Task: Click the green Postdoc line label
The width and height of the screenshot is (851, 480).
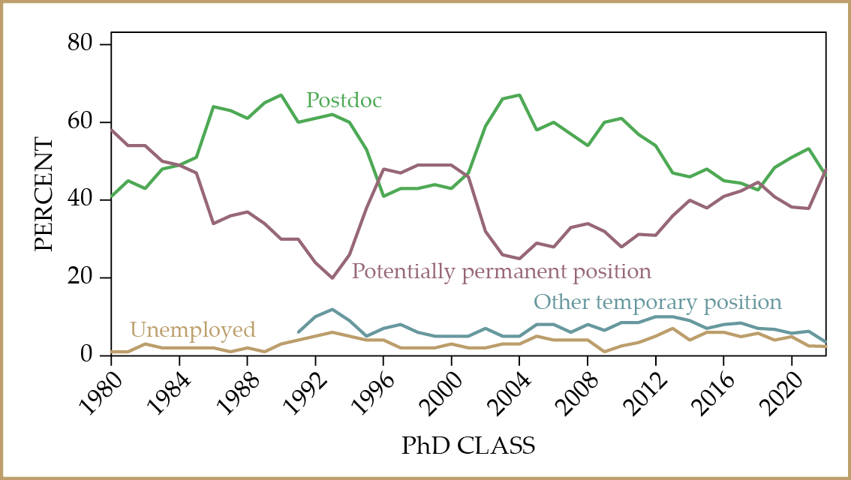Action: coord(344,100)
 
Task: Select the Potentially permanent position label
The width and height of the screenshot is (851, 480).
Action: coord(501,271)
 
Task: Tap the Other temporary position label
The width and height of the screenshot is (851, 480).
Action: coord(657,302)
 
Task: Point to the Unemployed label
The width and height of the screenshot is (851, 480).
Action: coord(193,329)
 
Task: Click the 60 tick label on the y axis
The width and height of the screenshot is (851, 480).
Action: coord(85,122)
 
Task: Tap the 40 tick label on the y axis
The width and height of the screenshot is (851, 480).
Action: coord(85,200)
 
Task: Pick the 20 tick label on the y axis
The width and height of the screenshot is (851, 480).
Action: coord(85,278)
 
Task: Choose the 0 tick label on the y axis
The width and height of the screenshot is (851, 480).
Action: coord(91,355)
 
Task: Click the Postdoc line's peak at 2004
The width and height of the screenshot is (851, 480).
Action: coord(520,95)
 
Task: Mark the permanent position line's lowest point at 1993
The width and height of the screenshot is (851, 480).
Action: coord(332,278)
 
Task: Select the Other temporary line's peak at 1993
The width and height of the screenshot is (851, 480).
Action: coord(332,309)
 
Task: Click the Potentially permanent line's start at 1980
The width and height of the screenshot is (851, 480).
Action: coord(111,130)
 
